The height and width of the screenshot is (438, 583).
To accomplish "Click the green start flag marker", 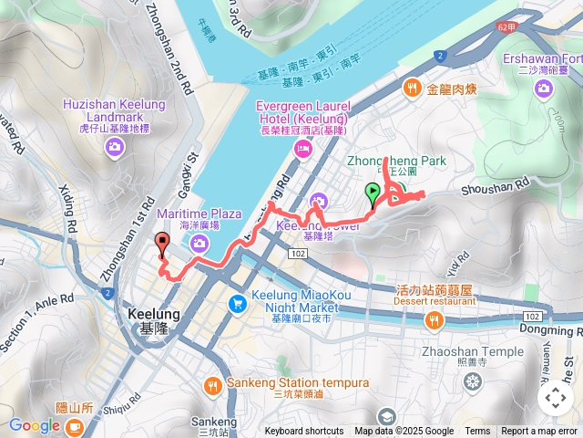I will [373, 192].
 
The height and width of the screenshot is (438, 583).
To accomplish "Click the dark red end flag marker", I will [163, 243].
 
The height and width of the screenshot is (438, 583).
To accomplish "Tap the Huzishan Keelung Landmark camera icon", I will [115, 147].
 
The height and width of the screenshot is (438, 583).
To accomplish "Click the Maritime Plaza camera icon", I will [199, 243].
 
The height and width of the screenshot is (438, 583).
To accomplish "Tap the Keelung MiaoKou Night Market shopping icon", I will [238, 303].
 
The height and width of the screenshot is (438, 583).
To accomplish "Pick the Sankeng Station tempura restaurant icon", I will [213, 386].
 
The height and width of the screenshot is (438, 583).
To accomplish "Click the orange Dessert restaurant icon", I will [433, 319].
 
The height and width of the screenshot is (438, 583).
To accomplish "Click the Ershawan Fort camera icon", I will [544, 88].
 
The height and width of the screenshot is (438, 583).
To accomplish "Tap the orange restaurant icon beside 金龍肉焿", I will [413, 88].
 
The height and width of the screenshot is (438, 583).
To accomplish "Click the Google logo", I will [35, 425].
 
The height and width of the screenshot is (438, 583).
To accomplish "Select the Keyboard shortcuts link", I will [303, 432].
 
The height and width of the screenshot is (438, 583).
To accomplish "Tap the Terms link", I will [477, 432].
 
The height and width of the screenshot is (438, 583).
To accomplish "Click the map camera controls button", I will [555, 398].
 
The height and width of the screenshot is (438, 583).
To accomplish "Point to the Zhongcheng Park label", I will [397, 161].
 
